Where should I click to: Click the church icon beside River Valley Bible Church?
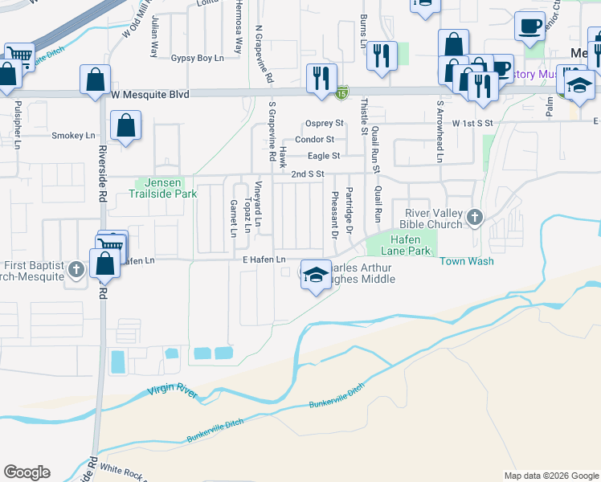point(475,217)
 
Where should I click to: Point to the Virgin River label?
point(172,390)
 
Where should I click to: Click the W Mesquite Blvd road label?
point(150,95)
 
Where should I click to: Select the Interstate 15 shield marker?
point(342,92)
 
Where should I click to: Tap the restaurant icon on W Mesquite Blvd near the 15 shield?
point(321,78)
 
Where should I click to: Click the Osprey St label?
point(324,124)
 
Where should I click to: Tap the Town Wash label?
point(466,261)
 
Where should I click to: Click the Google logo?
point(27,472)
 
